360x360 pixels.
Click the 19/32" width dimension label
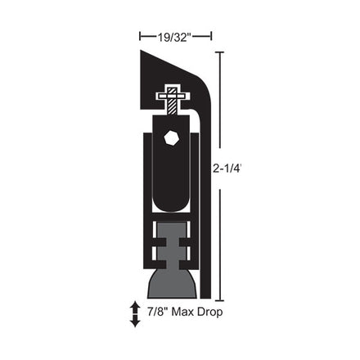pos(173,37)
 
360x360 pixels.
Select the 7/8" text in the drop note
pos(157,312)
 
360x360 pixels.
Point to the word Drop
pos(210,313)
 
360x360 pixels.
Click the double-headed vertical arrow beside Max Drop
pos(135,314)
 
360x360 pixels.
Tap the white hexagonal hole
pos(172,138)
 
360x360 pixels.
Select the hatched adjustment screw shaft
pos(172,101)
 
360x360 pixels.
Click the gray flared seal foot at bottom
pos(172,284)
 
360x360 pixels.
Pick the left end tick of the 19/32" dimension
pos(140,36)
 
